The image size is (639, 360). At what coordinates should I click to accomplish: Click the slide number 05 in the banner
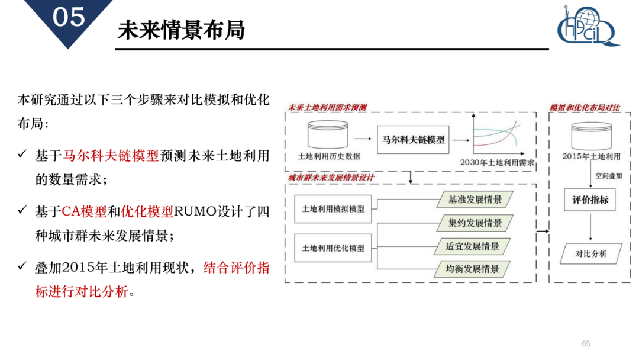coord(69,18)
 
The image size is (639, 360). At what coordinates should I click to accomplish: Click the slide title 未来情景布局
coord(181,30)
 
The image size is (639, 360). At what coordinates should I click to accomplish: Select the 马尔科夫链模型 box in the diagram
coord(414,141)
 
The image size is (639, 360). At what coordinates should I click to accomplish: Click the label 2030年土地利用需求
coord(497,162)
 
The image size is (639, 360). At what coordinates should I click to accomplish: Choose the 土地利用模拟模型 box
coord(333,209)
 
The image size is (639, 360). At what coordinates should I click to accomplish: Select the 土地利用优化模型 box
coord(333,248)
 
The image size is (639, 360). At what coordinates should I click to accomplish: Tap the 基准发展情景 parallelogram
coord(475,200)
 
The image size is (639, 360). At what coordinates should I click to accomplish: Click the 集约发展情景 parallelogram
coord(475,223)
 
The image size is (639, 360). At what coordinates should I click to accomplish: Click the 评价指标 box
coord(590,200)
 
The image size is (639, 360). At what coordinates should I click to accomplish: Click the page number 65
coord(586,344)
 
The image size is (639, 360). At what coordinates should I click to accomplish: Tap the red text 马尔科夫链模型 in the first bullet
coord(111,156)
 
